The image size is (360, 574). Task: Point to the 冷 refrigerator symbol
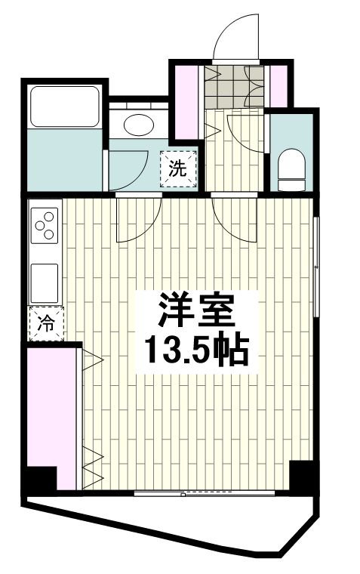point(46,324)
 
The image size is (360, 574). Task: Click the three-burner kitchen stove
point(45,224)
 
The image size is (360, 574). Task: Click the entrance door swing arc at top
point(237,38)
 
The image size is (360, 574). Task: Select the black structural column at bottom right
point(301,475)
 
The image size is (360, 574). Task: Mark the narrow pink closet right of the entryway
point(278,87)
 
